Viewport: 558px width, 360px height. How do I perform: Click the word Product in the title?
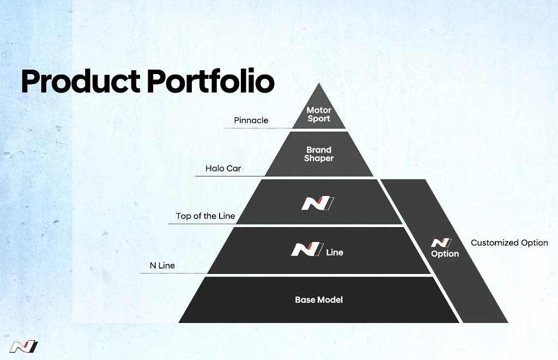[x=81, y=81]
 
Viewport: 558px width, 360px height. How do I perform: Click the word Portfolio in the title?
[x=211, y=81]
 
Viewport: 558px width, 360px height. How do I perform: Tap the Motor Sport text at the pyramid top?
[x=319, y=114]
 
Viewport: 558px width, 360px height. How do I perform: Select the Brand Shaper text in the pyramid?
[x=319, y=154]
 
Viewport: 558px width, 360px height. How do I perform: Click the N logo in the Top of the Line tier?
[x=318, y=204]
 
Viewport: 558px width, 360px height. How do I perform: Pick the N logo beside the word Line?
[x=307, y=249]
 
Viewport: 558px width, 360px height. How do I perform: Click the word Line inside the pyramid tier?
[x=335, y=252]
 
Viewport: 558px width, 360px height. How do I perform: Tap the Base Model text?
[x=319, y=300]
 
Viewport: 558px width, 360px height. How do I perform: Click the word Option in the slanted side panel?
[x=445, y=254]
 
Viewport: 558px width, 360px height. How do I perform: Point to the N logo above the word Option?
[x=441, y=242]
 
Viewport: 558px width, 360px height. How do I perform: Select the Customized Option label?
[x=510, y=243]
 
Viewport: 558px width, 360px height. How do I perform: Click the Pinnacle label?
[x=251, y=120]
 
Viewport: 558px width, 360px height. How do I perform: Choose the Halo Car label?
[x=223, y=168]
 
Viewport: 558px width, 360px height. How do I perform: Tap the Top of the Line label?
[x=205, y=216]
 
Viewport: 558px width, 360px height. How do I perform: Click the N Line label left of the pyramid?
[x=162, y=265]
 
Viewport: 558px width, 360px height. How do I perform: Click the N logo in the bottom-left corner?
[x=24, y=347]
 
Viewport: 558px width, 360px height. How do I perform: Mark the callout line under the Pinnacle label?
[x=258, y=128]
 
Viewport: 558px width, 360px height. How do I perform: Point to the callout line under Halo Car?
[x=231, y=176]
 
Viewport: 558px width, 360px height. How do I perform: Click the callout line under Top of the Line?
[x=203, y=224]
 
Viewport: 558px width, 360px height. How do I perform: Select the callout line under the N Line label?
[x=173, y=273]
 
